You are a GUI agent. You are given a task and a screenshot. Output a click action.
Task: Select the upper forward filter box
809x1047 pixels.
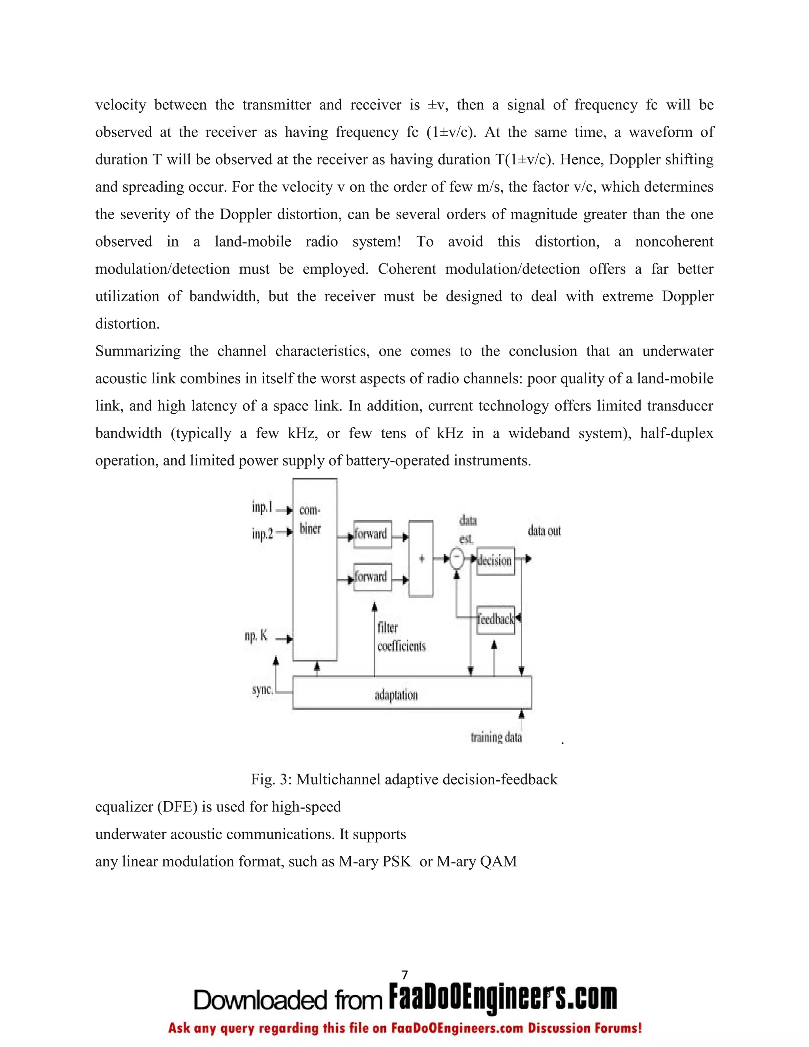pos(373,533)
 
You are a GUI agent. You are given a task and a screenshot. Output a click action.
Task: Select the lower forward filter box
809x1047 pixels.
pos(373,577)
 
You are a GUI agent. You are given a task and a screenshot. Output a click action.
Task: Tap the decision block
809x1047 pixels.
pos(496,560)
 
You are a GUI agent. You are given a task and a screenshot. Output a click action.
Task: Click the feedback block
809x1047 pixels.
pos(496,620)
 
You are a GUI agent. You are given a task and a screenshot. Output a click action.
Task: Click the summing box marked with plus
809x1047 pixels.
pos(421,559)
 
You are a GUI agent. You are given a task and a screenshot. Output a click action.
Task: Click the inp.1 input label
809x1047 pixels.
pos(262,507)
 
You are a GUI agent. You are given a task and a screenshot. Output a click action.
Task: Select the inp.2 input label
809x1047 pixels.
pos(262,533)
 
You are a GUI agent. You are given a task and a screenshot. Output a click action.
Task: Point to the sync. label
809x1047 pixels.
pos(262,690)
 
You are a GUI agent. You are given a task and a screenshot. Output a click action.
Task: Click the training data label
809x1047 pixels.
pos(496,737)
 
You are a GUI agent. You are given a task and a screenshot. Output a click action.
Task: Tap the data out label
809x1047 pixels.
pos(544,531)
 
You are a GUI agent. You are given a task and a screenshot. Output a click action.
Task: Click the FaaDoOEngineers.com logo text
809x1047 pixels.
pos(502,998)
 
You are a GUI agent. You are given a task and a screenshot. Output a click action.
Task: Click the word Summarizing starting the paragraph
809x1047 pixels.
pos(138,351)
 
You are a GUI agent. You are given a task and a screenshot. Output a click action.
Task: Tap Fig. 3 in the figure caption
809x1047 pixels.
pos(271,780)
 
